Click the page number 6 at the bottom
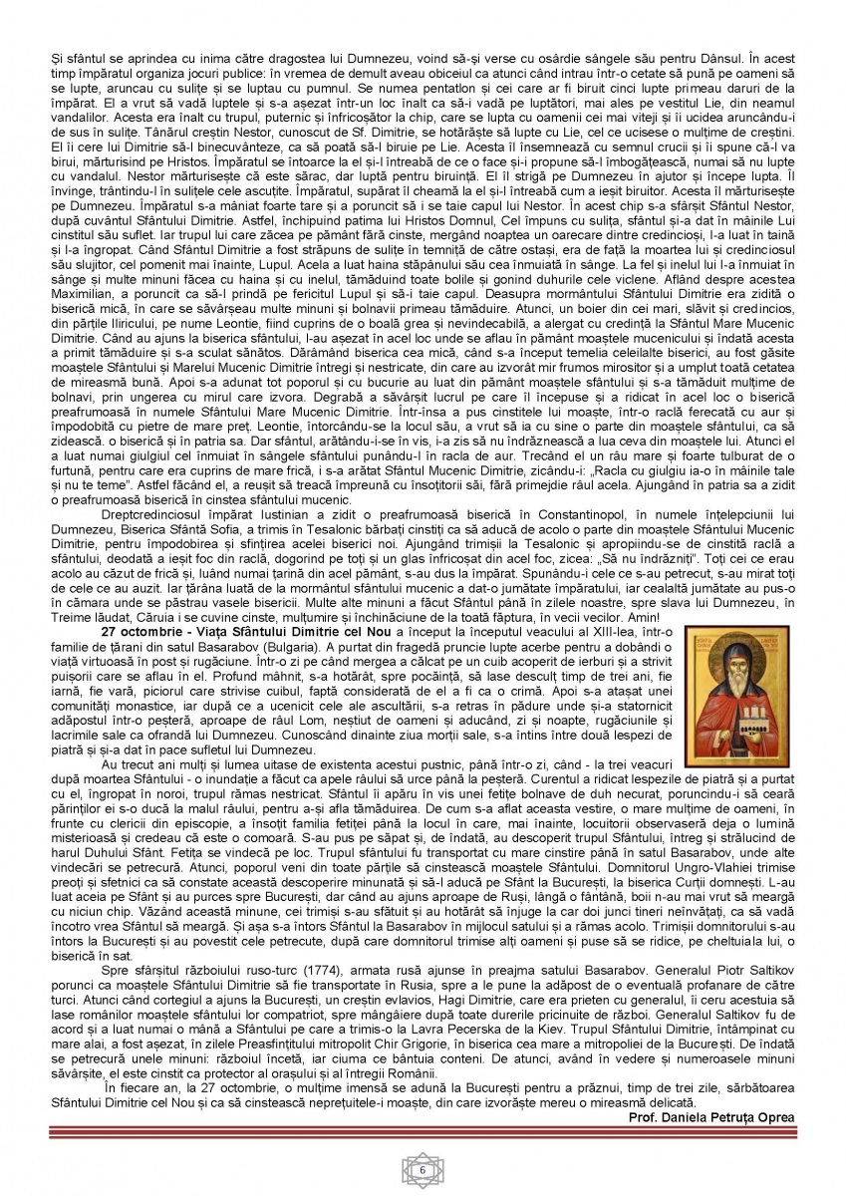[x=423, y=1169]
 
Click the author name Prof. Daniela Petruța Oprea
[x=712, y=1117]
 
